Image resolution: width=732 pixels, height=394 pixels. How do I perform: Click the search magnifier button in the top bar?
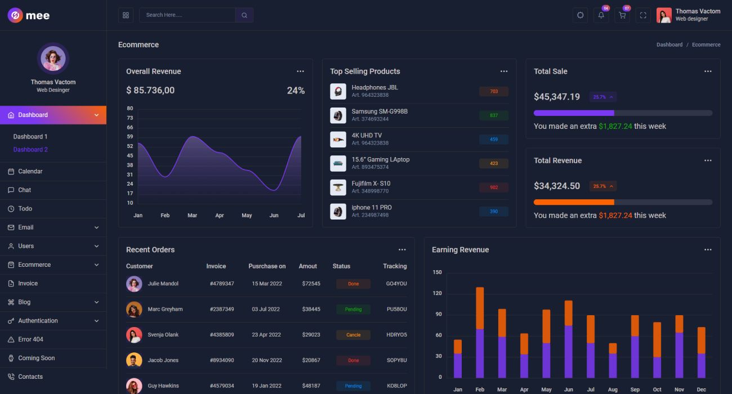244,15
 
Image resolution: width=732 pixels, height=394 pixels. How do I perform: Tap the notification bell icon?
601,15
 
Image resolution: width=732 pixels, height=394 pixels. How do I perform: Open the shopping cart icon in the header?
622,15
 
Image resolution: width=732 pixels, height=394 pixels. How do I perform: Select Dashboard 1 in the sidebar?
30,137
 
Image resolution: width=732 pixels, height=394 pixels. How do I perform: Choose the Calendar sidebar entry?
30,171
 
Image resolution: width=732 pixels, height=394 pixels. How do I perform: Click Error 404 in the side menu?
30,339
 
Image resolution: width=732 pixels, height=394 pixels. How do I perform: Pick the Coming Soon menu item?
36,358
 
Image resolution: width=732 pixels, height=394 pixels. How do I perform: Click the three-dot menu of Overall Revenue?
300,71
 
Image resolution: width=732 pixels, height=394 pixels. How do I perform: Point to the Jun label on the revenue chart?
274,216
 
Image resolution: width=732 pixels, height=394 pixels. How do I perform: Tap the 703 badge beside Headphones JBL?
494,92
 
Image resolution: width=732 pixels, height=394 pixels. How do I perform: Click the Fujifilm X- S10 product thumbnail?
338,187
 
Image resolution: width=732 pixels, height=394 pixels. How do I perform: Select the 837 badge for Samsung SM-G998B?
494,115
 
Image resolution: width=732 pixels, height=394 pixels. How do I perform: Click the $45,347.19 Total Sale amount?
557,97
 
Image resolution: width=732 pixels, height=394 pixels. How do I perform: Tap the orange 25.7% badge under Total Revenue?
602,186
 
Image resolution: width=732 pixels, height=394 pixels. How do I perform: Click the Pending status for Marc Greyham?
353,310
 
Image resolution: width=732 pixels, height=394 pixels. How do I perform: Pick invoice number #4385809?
222,335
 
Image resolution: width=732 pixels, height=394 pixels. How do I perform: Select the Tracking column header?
395,266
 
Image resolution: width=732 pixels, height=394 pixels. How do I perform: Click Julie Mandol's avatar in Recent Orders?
134,284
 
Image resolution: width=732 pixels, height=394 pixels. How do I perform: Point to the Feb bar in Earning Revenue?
480,332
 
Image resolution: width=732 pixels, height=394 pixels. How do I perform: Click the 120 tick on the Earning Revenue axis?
438,293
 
